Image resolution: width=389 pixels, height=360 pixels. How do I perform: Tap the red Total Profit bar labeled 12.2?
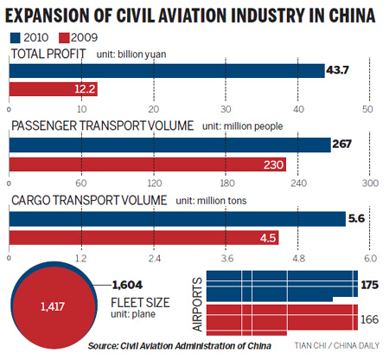52,89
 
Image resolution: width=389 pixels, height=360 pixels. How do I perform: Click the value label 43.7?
342,69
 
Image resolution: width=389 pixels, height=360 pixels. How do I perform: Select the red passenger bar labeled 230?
147,164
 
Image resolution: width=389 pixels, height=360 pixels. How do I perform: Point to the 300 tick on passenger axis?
369,183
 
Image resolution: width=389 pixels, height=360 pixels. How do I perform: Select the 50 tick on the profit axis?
369,109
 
